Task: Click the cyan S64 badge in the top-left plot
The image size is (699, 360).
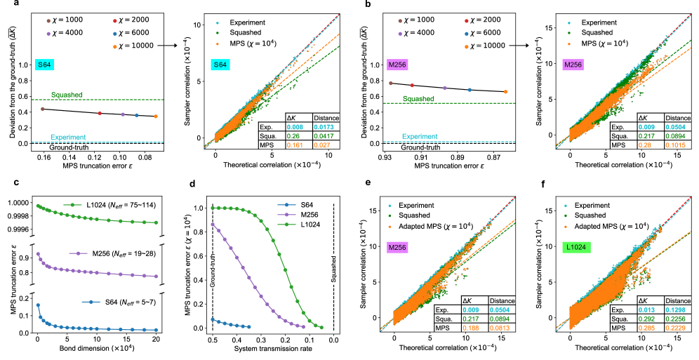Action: coord(45,65)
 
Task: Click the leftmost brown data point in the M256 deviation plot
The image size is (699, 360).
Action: coord(390,83)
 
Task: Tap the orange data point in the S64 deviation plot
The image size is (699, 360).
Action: coord(155,116)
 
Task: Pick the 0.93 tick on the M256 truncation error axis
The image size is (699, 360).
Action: coord(384,159)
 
